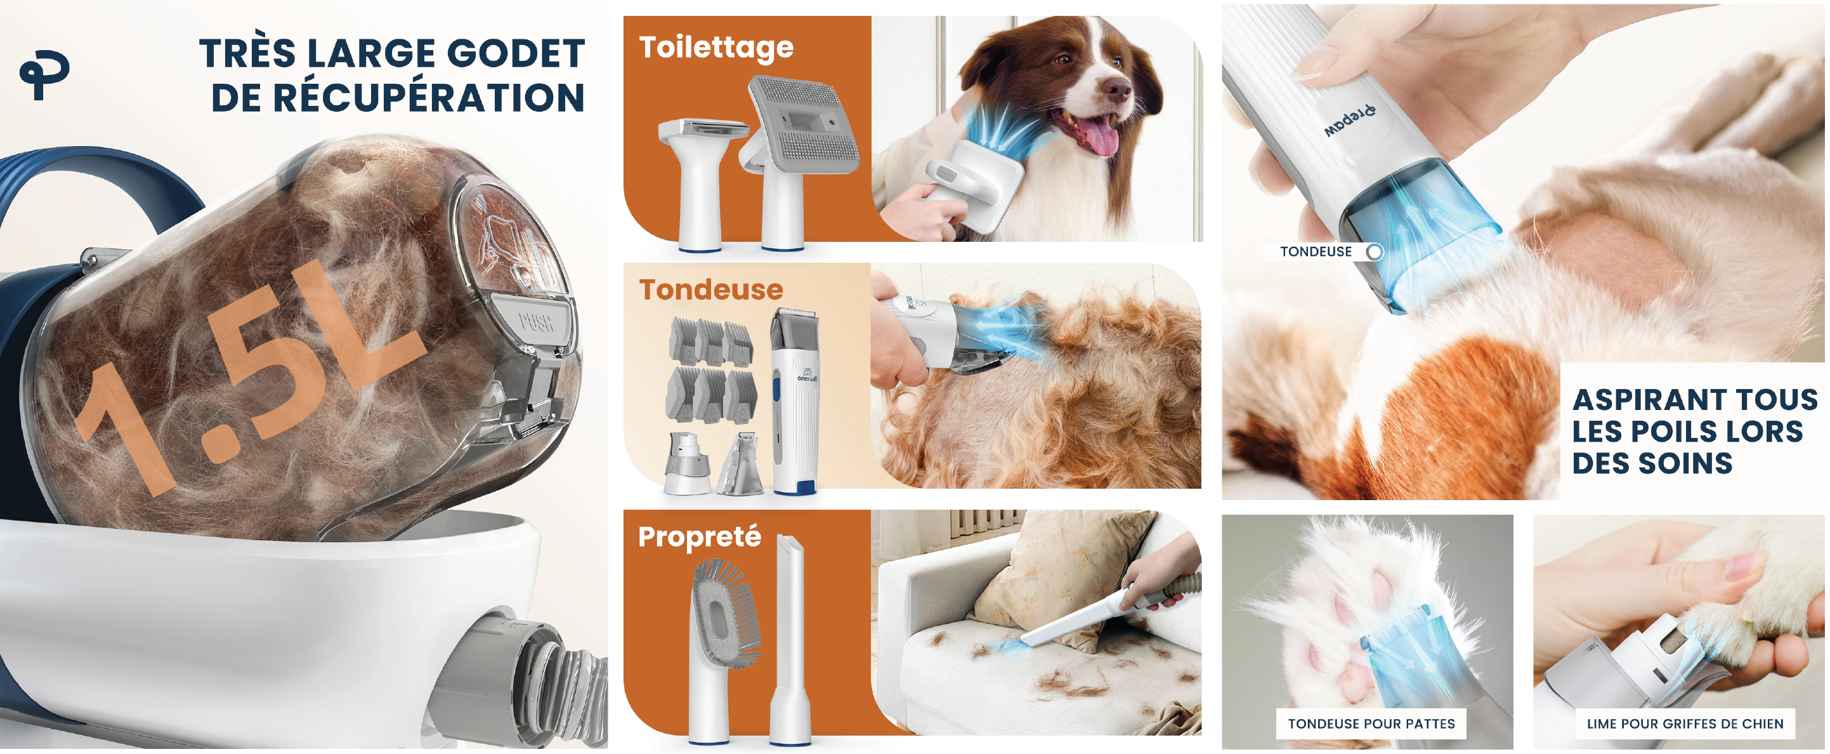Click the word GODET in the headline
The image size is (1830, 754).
point(516,54)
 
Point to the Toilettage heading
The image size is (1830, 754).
point(716,48)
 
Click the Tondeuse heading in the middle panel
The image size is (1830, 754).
point(710,289)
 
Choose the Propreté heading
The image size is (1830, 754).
point(700,536)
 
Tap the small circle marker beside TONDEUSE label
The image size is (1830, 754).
point(1375,251)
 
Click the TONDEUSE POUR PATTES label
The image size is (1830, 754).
point(1371,724)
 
